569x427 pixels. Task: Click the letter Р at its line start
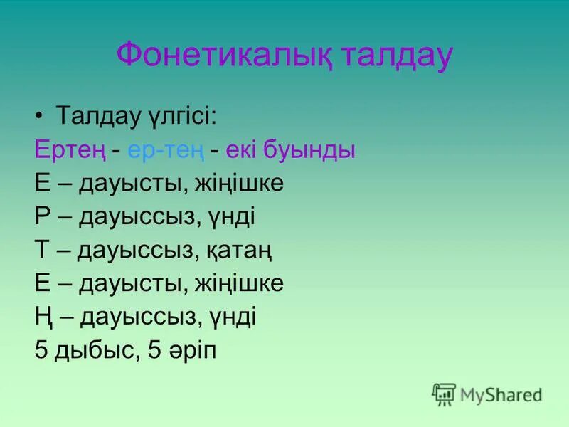coord(42,216)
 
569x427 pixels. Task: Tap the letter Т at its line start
coord(42,250)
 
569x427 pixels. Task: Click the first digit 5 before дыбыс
coord(41,350)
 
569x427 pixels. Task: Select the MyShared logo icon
coord(444,393)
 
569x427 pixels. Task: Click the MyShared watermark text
coord(501,394)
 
